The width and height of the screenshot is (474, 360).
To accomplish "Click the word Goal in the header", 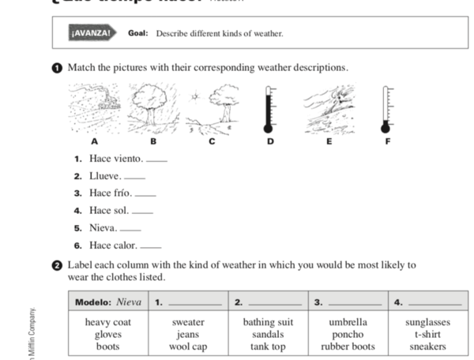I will tap(138, 33).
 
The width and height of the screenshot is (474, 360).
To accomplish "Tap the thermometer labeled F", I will tap(386, 109).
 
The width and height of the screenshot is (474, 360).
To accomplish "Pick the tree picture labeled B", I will tap(153, 107).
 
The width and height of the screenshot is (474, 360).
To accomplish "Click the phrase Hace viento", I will tap(116, 159).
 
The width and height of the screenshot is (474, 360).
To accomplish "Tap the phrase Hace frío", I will tap(111, 193).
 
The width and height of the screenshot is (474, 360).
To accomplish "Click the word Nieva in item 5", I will tap(103, 228).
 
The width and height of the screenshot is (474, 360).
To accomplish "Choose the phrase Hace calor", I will tap(113, 246).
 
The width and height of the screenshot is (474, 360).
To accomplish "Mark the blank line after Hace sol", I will tap(142, 212).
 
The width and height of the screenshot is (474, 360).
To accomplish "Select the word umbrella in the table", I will tap(348, 322).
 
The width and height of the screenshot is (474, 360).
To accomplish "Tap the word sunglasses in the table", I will tap(427, 322).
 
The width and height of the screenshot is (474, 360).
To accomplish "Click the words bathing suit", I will tap(268, 322).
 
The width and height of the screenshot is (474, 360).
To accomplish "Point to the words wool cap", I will tap(188, 346).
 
